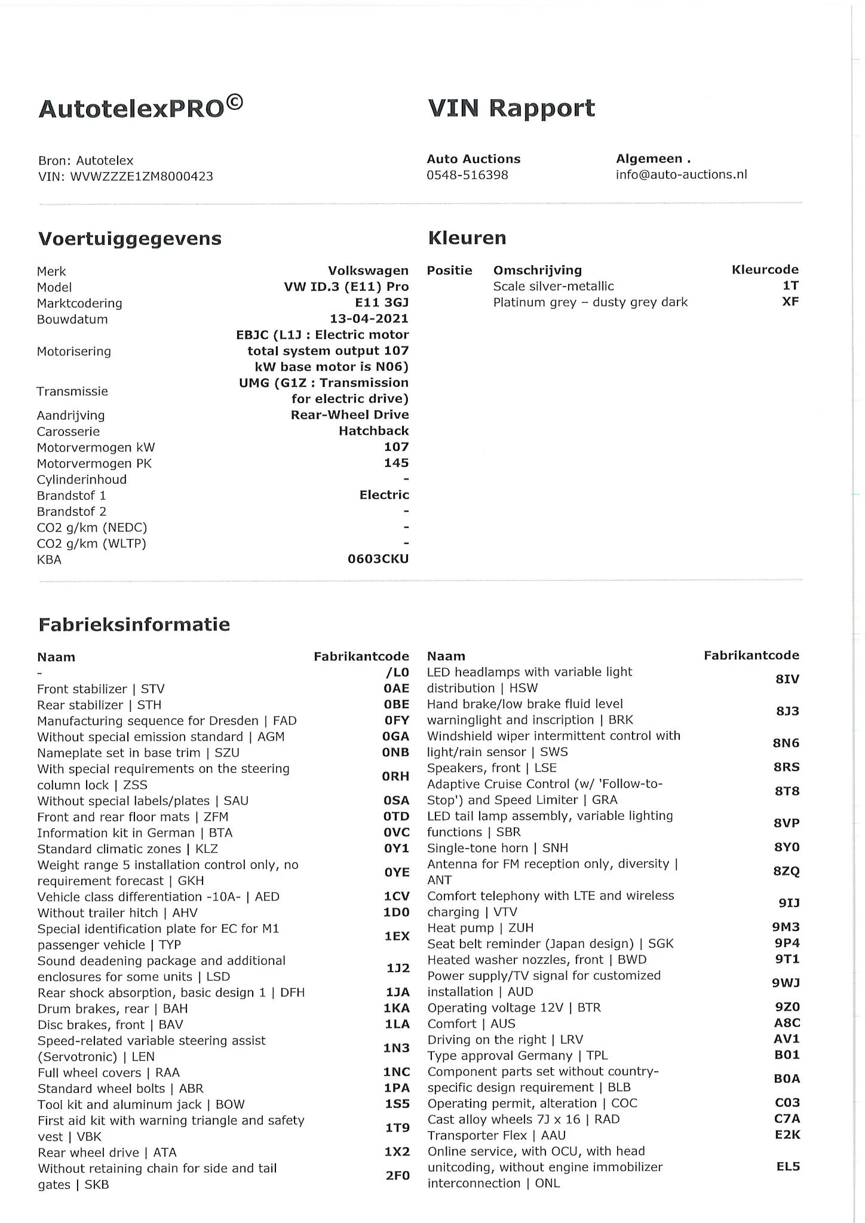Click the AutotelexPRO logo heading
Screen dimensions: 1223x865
point(140,109)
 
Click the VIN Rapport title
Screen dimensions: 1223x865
point(511,109)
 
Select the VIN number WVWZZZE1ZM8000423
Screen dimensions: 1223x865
point(142,177)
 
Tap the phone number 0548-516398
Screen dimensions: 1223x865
point(467,175)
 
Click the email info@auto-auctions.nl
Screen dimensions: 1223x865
point(681,174)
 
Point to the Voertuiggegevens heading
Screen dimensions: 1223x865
point(130,239)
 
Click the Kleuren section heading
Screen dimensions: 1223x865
point(467,238)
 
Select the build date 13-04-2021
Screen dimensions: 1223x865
point(369,319)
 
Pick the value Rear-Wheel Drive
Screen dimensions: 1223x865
point(349,415)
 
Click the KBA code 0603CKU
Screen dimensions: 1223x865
point(378,560)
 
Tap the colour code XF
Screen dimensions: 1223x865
point(790,302)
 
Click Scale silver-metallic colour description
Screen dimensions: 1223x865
point(553,286)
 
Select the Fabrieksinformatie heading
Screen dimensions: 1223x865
point(134,625)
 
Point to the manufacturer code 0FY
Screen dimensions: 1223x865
point(396,721)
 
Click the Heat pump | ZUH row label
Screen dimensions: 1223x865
point(480,928)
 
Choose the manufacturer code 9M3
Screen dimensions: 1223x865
point(786,927)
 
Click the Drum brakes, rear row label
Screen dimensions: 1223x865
point(112,1009)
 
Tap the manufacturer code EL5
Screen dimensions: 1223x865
point(787,1166)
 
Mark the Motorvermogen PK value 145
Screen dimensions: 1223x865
point(396,463)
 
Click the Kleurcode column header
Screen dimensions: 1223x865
point(765,270)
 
